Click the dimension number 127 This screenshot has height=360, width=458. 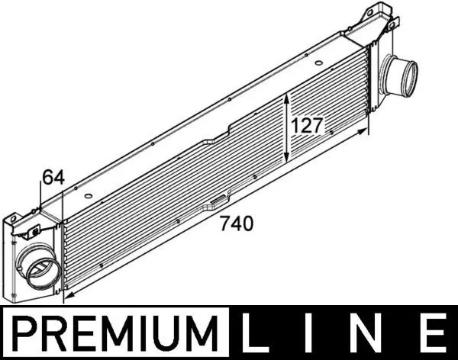click(308, 126)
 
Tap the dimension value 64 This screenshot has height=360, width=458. click(52, 178)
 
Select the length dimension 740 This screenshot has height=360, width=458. click(236, 224)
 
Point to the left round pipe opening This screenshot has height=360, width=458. click(39, 268)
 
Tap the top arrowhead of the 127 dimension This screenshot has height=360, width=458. click(286, 97)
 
